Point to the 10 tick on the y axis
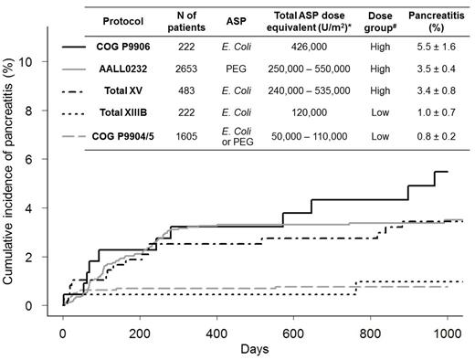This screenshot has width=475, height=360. (47, 62)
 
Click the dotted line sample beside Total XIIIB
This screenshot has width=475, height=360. (79, 117)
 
